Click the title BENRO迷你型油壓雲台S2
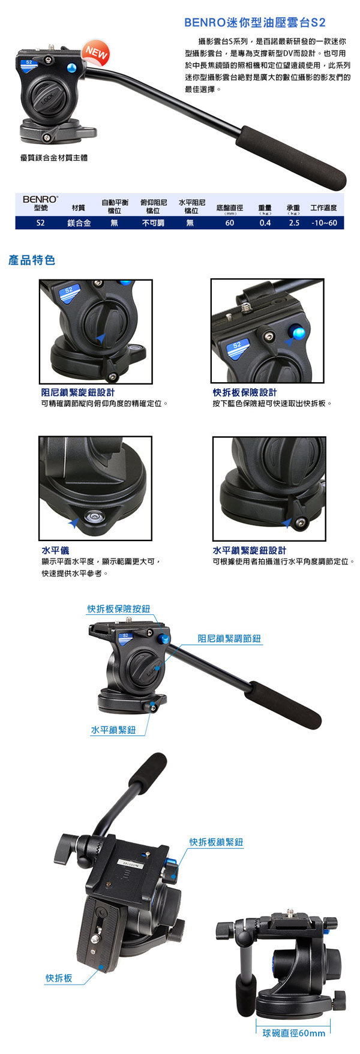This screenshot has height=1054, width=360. (255, 23)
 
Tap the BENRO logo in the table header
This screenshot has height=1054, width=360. (41, 199)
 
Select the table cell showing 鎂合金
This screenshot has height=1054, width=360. (79, 223)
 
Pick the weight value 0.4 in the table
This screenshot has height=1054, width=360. (265, 223)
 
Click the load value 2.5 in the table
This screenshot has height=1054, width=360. (294, 223)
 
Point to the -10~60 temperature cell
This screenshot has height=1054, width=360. (325, 223)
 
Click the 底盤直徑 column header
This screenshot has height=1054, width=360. (230, 208)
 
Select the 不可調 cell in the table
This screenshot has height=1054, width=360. (153, 223)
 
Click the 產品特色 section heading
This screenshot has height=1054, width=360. (32, 260)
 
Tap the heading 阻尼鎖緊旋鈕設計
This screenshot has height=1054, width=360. (78, 392)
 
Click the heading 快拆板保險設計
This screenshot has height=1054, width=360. (245, 392)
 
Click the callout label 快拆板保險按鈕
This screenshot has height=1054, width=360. (119, 609)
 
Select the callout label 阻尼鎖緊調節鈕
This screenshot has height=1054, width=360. (230, 639)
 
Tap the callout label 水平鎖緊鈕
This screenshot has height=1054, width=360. (113, 730)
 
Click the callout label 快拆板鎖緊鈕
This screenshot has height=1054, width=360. (217, 842)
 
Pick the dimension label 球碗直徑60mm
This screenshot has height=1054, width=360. (294, 1033)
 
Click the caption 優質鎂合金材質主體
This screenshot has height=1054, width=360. (53, 158)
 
